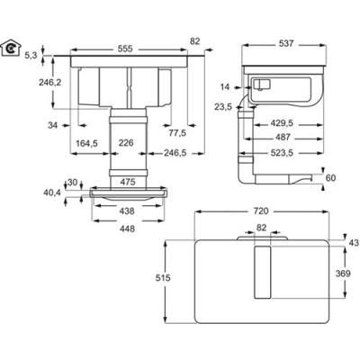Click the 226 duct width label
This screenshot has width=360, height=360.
pos(127,141)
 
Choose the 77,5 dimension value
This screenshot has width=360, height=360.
pos(176,131)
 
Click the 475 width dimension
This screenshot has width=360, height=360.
pos(127,182)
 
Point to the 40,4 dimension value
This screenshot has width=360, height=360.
pos(54,192)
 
